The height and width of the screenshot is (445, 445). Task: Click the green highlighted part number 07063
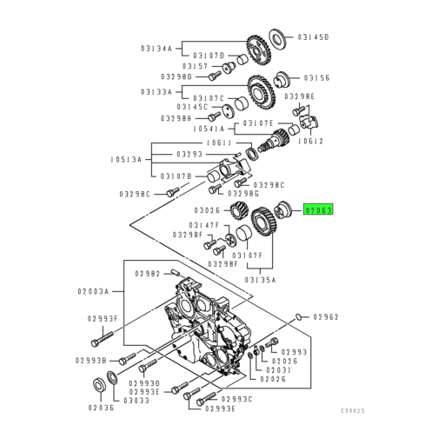tap(317, 209)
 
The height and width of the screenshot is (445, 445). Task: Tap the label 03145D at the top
tap(312, 37)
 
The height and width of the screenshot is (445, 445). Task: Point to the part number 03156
tap(313, 76)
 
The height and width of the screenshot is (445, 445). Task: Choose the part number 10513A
tap(127, 159)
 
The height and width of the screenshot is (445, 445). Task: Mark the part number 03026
tap(209, 209)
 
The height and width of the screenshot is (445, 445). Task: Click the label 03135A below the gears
tap(260, 280)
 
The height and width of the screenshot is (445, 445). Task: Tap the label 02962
tap(325, 316)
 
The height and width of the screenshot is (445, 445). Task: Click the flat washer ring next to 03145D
tap(278, 37)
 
